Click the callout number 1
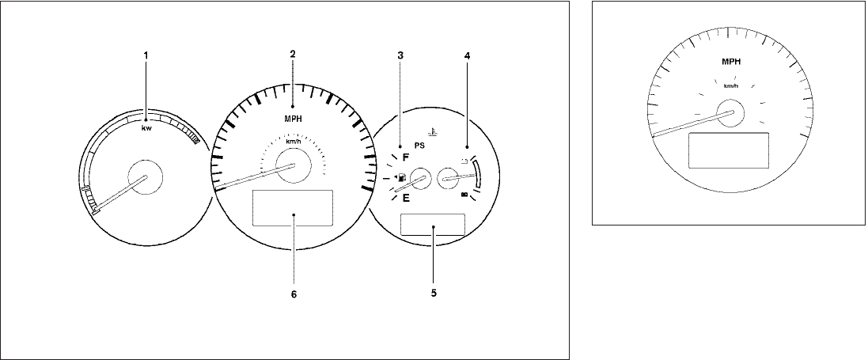coord(146,55)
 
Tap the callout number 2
coord(293,54)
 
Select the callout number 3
coord(400,55)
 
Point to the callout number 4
coord(467,55)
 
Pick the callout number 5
coord(434,293)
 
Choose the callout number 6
coord(294,294)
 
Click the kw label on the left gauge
coord(146,128)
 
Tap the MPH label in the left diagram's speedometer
coord(294,118)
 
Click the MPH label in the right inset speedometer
coord(730,62)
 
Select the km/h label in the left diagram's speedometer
coord(293,142)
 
